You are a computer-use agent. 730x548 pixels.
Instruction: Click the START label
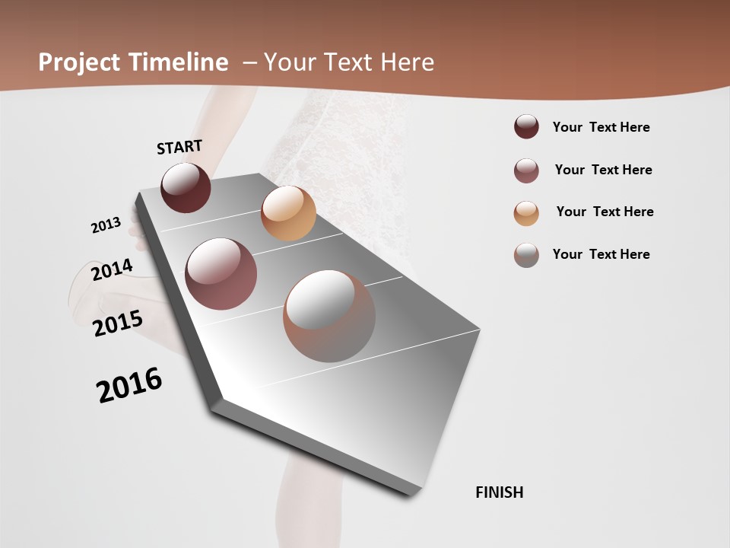(x=179, y=147)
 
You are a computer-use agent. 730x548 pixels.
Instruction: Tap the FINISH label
(x=500, y=492)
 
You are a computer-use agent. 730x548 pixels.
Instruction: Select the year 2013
(x=106, y=225)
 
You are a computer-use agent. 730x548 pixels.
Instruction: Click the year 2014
(x=112, y=269)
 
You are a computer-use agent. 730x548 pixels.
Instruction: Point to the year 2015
(x=118, y=323)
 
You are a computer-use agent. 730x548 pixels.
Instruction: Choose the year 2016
(x=129, y=385)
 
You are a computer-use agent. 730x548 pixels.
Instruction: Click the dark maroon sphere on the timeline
(x=186, y=187)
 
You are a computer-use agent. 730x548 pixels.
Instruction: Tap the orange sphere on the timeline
(x=288, y=213)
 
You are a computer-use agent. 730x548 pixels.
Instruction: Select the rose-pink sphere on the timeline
(x=221, y=274)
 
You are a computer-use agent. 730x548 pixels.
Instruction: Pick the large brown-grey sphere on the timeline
(x=329, y=316)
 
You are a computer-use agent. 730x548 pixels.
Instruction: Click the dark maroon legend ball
(x=526, y=127)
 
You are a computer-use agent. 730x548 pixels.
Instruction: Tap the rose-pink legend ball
(x=526, y=170)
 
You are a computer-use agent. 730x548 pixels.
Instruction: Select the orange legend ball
(x=526, y=213)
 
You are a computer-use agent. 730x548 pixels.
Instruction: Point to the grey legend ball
(x=526, y=255)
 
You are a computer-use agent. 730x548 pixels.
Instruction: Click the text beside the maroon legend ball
(x=601, y=127)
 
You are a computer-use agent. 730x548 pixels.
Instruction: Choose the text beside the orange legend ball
(x=605, y=212)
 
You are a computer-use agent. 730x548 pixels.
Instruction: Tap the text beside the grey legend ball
(x=601, y=254)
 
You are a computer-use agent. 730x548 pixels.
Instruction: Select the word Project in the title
(x=77, y=62)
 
